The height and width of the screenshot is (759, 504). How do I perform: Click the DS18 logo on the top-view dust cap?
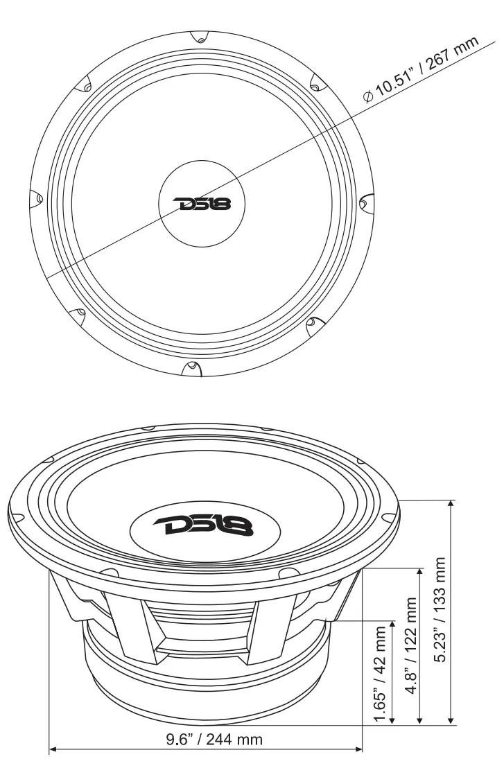200,204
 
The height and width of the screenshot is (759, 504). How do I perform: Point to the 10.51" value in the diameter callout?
399,82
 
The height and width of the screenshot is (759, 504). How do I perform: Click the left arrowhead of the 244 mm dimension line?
53,749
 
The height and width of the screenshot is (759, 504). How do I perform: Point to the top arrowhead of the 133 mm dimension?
451,505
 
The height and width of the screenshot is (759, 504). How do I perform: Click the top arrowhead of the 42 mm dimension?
393,625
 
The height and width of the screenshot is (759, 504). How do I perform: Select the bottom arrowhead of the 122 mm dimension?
419,721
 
